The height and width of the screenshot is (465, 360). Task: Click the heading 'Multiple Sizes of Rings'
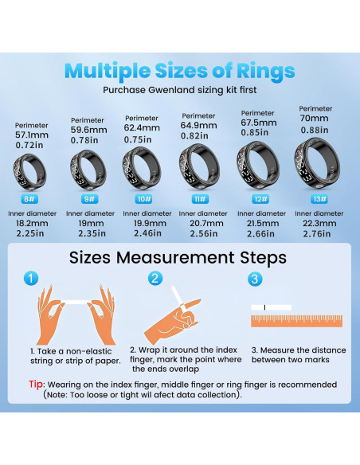[179, 70]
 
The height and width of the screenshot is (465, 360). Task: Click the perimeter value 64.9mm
[198, 125]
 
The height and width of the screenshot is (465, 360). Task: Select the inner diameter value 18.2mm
[31, 224]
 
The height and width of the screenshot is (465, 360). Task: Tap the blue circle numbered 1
[30, 279]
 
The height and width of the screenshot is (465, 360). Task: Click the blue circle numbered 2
[156, 279]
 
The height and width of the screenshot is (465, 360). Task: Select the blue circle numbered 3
[254, 279]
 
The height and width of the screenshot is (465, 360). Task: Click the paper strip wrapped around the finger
[178, 303]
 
